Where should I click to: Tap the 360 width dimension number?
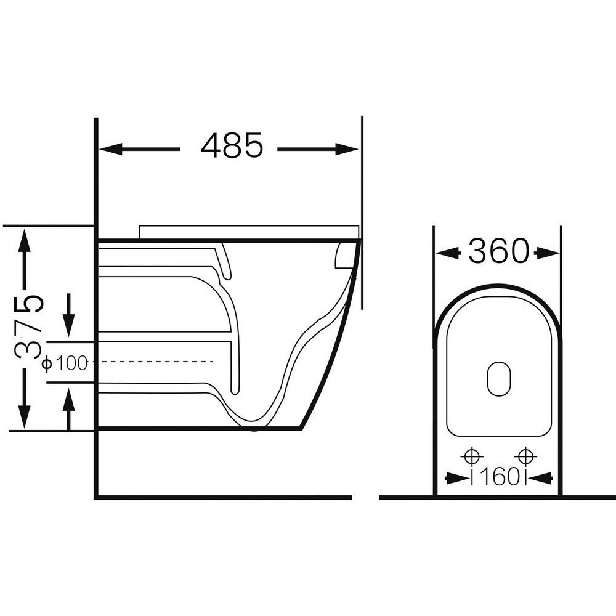498,251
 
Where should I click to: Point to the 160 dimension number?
498,477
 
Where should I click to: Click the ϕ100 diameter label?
65,363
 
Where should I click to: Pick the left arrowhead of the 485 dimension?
111,149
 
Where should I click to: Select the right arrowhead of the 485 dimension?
347,149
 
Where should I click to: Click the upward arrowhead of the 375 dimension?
25,240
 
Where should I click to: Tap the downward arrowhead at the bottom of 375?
25,417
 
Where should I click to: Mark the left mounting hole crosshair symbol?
472,456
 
